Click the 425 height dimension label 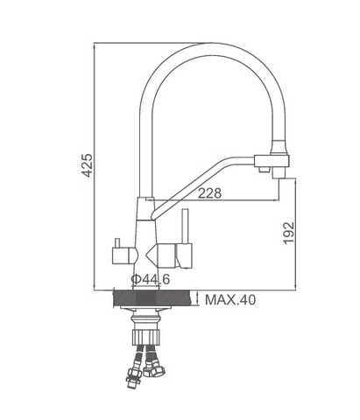pyautogui.click(x=87, y=165)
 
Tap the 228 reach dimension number pyautogui.click(x=210, y=193)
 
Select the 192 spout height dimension pyautogui.click(x=288, y=233)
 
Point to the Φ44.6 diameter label pyautogui.click(x=151, y=279)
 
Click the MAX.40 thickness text pyautogui.click(x=230, y=299)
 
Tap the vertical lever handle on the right pyautogui.click(x=186, y=226)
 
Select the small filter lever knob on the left pyautogui.click(x=117, y=243)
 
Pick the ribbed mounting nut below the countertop pyautogui.click(x=146, y=337)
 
